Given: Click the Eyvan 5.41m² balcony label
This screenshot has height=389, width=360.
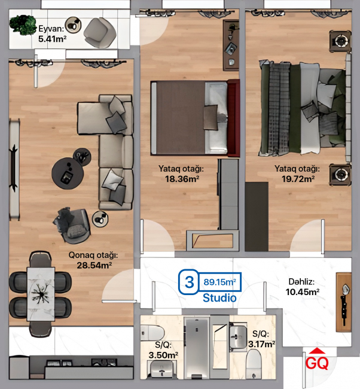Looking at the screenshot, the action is pos(52,34).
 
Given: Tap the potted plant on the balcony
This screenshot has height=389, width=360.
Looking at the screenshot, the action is pos(23,25).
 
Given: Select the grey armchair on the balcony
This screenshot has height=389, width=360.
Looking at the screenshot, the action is pos(100,33).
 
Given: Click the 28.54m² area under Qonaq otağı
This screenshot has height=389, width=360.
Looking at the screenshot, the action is pos(94,265).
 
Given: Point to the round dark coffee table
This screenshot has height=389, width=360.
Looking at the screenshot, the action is pos(68,174).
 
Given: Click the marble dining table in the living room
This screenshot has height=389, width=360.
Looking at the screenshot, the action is pos(41,294).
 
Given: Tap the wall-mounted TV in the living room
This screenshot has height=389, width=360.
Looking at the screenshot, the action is pos(14,169).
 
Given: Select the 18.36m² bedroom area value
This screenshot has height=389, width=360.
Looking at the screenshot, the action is pos(182,178).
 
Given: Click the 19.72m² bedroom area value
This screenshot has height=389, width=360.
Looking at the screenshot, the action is pos(298,178).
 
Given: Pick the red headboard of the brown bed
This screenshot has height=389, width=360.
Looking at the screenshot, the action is pos(233,118).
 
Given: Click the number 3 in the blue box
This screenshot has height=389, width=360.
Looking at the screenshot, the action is pos(189,282).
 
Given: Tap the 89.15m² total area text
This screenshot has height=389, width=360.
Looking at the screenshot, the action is pos(219,282).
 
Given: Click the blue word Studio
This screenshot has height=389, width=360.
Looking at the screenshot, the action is pos(219,298).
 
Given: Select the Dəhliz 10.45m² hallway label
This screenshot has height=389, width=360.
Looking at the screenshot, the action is pos(302,287).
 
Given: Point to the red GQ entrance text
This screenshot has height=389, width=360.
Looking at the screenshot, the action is pos(317,363).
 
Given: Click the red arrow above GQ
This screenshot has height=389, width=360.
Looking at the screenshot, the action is pos(317,351).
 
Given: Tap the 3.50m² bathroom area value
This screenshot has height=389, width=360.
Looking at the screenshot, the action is pos(163,355).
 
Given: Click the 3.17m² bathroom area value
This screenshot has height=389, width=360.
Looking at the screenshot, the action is pos(261,344).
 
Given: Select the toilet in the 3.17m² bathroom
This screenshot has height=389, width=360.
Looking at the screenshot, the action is pos(254,364).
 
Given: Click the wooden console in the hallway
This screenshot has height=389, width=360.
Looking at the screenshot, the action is pos(344,302).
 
